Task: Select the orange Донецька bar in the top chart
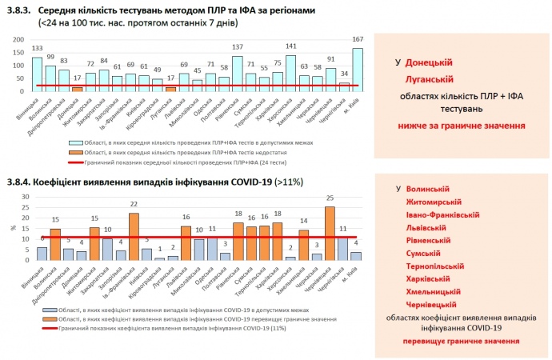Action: tap(78, 89)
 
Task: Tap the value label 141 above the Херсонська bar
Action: tap(291, 46)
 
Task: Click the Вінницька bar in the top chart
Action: tap(37, 73)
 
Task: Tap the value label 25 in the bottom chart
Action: tap(330, 198)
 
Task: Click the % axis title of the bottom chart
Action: tap(12, 228)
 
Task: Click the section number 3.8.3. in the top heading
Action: tap(20, 10)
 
